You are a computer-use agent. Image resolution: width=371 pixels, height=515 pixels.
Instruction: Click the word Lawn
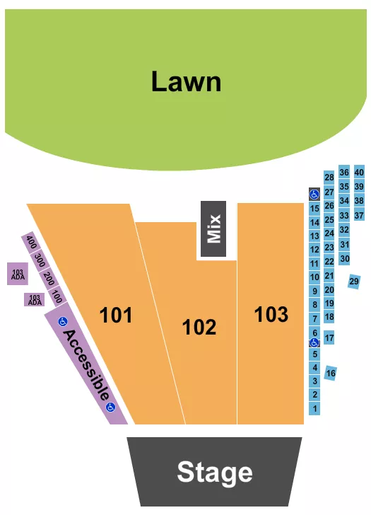point(186,82)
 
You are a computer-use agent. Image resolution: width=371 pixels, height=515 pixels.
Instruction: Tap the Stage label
point(214,472)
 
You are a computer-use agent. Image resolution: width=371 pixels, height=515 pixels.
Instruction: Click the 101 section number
point(116,315)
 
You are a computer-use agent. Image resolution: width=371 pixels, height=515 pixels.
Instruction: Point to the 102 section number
point(199,328)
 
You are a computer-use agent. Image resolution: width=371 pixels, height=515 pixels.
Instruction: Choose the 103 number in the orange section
point(271,314)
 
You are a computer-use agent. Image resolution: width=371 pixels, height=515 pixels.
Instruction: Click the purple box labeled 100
point(57,296)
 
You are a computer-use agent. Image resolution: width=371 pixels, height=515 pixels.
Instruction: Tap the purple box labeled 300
point(40,260)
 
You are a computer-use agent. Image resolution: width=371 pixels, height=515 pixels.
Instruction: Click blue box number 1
point(314,409)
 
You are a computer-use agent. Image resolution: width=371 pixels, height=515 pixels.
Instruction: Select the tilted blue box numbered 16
point(331,372)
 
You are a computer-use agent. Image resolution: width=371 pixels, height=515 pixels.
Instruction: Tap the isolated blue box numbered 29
point(354,282)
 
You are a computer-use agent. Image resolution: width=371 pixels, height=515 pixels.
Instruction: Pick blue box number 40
point(359,172)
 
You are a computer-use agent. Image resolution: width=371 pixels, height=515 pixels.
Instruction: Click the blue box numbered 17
point(329,337)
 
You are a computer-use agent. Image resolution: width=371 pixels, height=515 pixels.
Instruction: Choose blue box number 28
point(329,177)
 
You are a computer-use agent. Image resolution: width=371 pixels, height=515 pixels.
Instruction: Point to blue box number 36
point(344,172)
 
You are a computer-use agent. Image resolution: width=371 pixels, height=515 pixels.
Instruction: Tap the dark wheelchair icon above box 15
point(314,194)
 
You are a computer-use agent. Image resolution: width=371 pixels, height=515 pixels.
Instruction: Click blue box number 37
point(359,215)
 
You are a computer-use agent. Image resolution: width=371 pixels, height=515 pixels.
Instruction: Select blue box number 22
point(329,262)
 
